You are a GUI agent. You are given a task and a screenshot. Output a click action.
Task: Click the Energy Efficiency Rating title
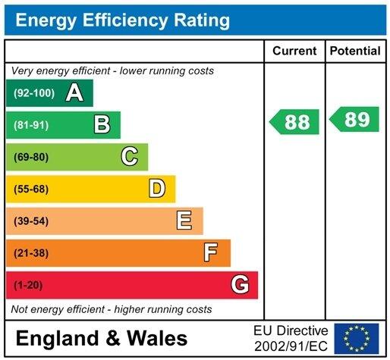123,20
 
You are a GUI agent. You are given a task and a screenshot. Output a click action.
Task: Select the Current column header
294,52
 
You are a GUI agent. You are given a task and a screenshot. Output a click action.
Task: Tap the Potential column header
355,52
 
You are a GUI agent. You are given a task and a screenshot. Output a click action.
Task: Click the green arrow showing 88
295,122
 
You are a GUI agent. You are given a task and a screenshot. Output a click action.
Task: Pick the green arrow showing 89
355,120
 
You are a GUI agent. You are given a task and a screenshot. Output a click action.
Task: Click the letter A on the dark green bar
74,93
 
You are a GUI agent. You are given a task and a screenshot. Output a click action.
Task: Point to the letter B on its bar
102,125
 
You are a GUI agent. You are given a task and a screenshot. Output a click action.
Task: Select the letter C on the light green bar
130,157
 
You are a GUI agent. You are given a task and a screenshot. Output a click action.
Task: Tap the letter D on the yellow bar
157,189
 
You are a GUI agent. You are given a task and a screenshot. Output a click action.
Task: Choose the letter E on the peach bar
184,221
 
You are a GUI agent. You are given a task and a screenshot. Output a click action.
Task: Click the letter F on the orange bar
211,252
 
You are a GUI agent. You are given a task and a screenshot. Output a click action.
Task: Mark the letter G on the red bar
239,285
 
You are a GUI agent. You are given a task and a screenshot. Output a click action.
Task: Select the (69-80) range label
30,157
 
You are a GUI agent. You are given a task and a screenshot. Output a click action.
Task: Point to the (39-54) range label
30,221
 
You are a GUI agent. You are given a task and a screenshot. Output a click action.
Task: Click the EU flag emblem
357,337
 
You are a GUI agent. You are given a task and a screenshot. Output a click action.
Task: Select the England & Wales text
101,338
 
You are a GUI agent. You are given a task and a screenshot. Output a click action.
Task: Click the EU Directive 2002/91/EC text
291,337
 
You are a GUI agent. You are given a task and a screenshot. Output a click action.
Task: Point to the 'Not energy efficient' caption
112,310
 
